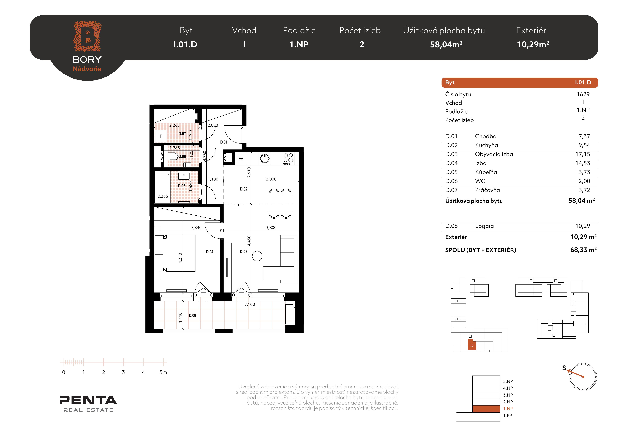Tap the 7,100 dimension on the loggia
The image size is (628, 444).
click(x=250, y=304)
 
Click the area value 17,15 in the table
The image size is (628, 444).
click(x=583, y=154)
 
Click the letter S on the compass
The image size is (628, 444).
click(x=564, y=368)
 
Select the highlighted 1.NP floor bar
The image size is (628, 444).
click(x=486, y=409)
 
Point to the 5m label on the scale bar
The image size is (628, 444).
click(x=163, y=372)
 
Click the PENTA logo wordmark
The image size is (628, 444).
click(x=88, y=400)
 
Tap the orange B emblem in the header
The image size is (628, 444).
click(x=87, y=36)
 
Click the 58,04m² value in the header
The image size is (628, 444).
click(x=446, y=44)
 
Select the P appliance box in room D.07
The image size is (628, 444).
click(x=161, y=136)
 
